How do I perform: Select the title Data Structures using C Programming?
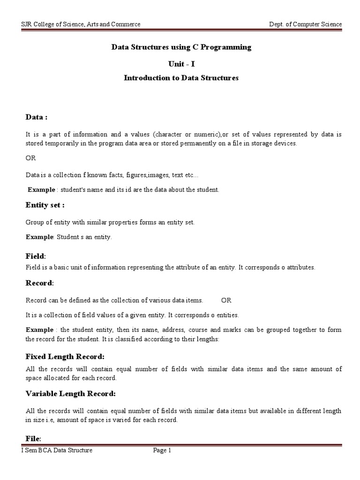click(x=181, y=47)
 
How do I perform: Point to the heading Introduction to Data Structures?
click(x=181, y=78)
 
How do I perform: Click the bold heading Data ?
click(x=37, y=117)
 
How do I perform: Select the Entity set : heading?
click(x=45, y=205)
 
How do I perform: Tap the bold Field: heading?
click(x=36, y=256)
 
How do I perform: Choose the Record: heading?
click(x=40, y=283)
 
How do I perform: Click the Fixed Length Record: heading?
click(x=65, y=357)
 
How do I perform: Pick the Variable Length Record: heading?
click(x=70, y=393)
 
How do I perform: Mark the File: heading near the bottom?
click(x=33, y=438)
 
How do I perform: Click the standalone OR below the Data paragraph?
click(x=30, y=158)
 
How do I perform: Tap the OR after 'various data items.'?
click(x=226, y=300)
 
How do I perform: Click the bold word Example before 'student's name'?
click(x=41, y=190)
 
